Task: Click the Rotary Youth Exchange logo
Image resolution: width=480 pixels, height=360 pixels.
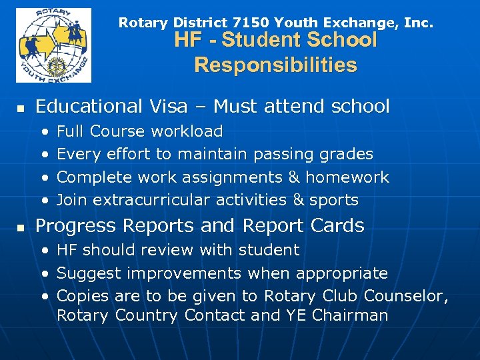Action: pyautogui.click(x=53, y=45)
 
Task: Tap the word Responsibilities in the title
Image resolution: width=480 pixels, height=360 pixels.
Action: pyautogui.click(x=275, y=65)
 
